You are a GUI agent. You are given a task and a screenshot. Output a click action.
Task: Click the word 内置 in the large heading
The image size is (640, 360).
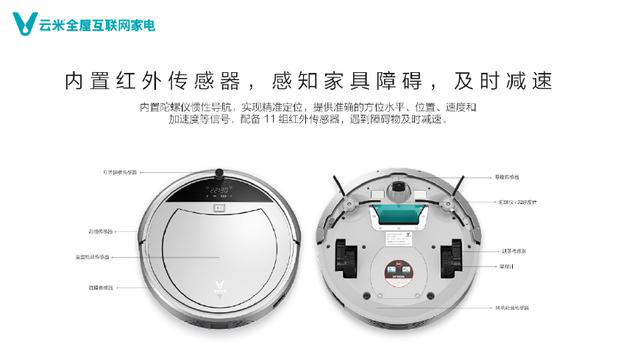point(85,79)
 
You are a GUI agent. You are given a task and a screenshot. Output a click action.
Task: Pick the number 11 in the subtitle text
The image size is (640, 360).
point(268,119)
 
